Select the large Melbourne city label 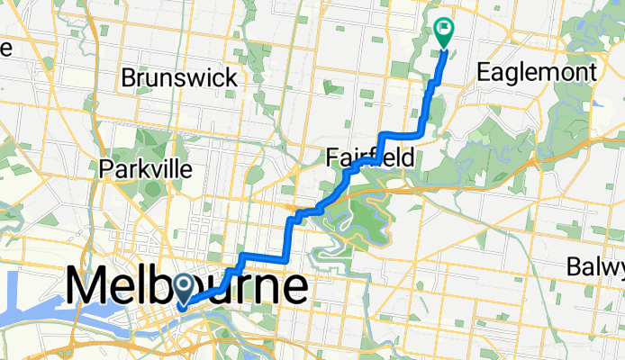pos(186,287)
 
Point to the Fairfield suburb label pos(369,158)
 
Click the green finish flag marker pos(443,31)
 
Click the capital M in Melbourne pos(87,288)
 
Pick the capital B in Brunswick pos(129,77)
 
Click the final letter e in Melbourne pos(293,288)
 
